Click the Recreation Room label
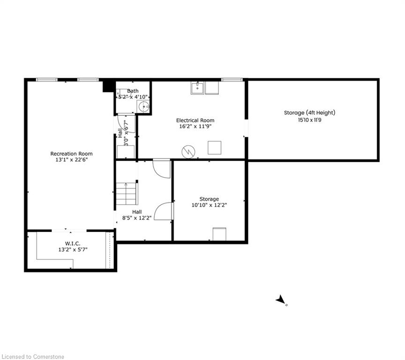click(71, 154)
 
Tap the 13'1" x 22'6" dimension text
click(72, 159)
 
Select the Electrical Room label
click(195, 120)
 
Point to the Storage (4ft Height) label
click(310, 113)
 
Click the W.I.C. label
click(73, 244)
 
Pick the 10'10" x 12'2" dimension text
click(209, 205)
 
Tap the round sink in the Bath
click(143, 106)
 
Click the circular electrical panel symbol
click(188, 152)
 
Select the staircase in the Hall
click(127, 194)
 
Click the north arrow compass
click(281, 300)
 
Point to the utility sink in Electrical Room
click(198, 88)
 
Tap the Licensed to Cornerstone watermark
click(33, 357)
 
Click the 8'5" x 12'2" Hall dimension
click(137, 218)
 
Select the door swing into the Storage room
click(163, 211)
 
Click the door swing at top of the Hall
click(162, 169)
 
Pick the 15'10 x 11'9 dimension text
click(310, 120)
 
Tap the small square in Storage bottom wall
click(219, 234)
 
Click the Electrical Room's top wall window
click(232, 80)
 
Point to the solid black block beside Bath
click(108, 86)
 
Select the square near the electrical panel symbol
click(214, 148)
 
